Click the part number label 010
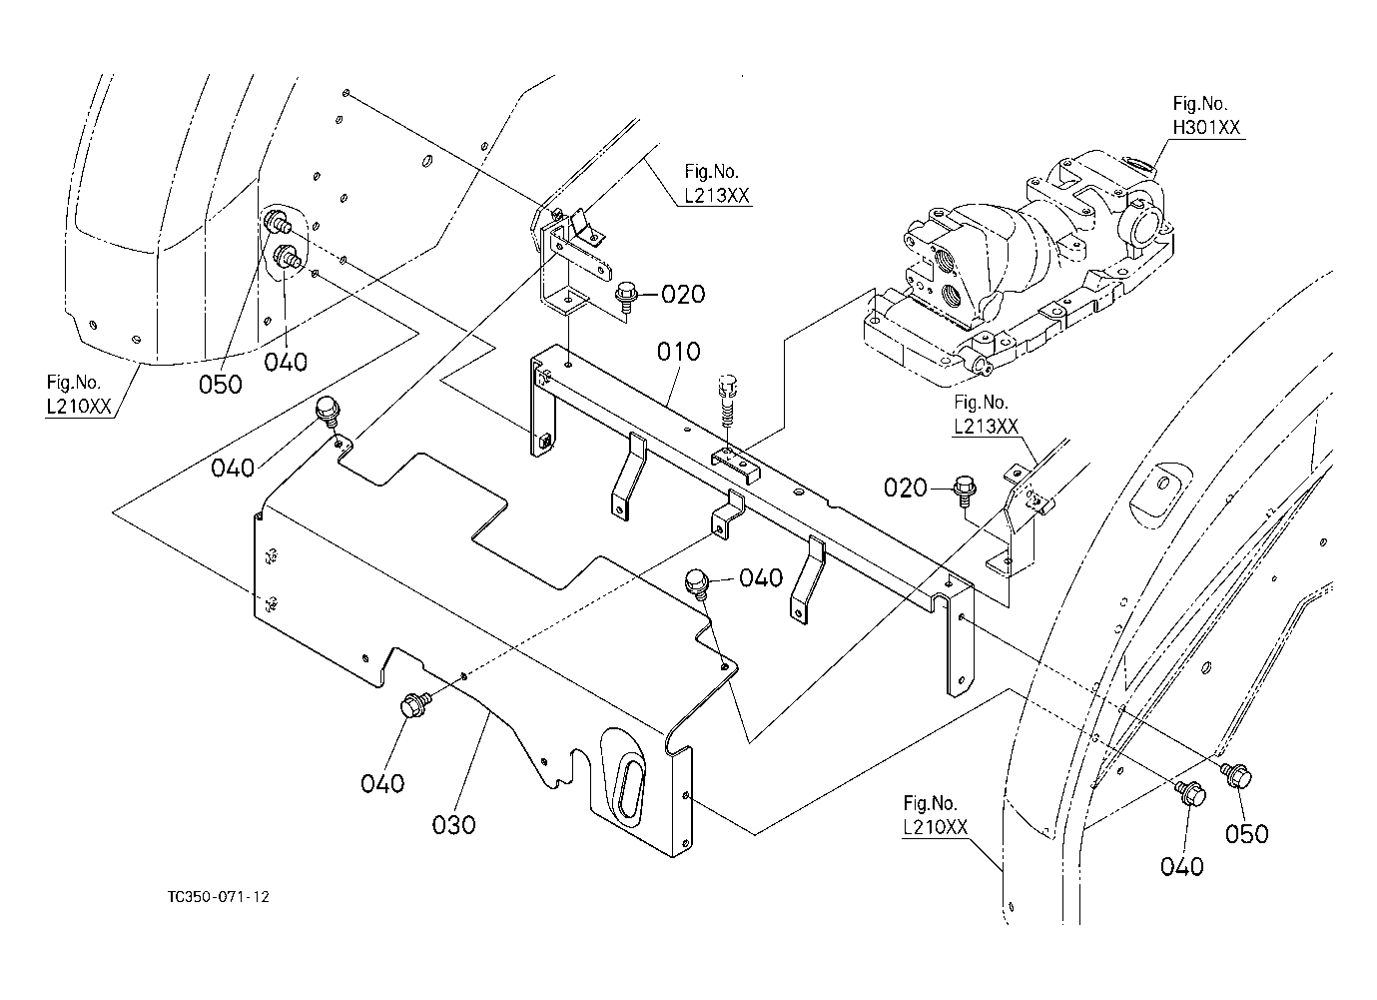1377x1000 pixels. coord(679,352)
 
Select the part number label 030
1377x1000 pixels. coord(453,825)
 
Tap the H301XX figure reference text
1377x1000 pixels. coord(1206,127)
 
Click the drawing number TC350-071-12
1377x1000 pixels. coord(219,897)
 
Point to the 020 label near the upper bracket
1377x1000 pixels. coord(683,294)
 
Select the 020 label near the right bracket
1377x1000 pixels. coord(905,488)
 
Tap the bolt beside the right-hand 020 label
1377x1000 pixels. coord(964,491)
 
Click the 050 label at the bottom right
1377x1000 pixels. coord(1246,834)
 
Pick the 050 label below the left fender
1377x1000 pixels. coord(220,385)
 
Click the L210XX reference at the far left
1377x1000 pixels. coord(79,407)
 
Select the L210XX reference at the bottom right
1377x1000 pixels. coord(935,827)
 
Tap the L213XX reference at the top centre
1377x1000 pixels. coord(717,196)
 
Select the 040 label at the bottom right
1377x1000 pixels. coord(1181,867)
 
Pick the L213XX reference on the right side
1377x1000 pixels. coord(986,427)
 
